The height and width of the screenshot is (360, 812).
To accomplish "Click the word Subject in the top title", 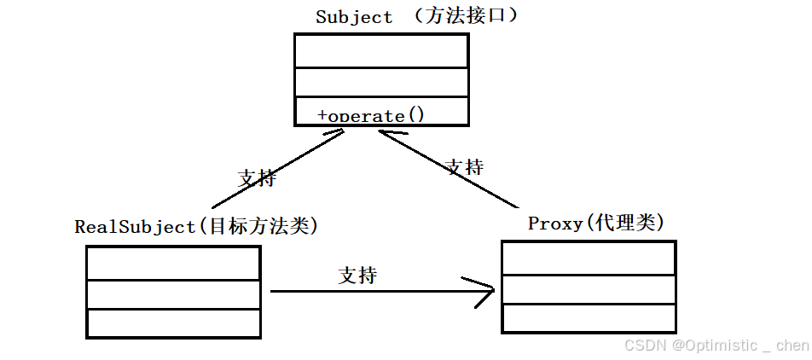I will [354, 17].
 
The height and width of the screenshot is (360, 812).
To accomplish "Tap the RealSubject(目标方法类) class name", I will [196, 227].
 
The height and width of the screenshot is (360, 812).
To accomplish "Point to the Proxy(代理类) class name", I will [596, 224].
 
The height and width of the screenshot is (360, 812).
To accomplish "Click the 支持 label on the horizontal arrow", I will [357, 276].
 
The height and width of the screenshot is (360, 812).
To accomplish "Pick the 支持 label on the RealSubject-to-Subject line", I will [256, 178].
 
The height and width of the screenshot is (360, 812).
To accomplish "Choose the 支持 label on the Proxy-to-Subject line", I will [464, 166].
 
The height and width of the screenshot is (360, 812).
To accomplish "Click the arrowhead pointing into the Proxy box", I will [486, 292].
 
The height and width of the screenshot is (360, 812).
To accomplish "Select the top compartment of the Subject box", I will [381, 51].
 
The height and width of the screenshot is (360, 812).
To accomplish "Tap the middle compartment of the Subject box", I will [381, 82].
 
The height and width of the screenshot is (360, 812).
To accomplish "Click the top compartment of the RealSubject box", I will [173, 263].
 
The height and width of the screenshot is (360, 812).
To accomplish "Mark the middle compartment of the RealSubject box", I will [173, 294].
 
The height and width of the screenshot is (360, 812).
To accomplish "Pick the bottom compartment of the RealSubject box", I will [173, 323].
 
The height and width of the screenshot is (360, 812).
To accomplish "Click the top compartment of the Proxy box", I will [589, 258].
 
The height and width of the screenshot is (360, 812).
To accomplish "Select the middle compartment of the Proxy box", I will [589, 289].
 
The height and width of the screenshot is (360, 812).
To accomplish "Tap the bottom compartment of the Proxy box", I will [589, 318].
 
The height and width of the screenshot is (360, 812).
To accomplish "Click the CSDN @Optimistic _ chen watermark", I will [716, 345].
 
